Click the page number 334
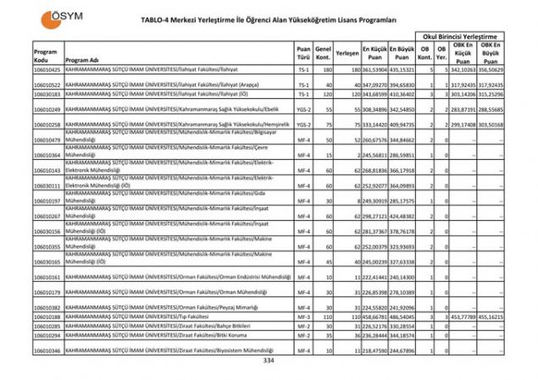269,361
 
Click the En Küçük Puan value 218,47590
374,350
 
